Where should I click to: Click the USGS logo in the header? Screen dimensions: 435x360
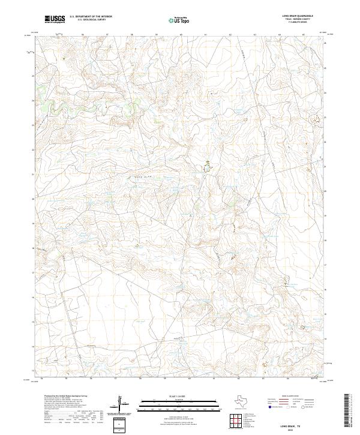[x=55, y=19]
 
